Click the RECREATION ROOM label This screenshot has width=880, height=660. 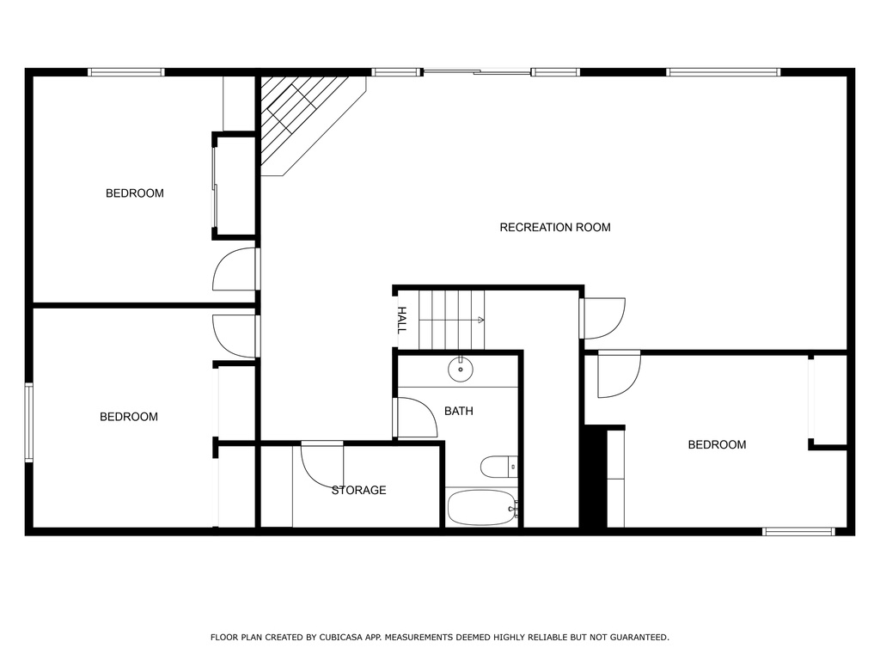555,227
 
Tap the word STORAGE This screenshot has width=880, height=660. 358,491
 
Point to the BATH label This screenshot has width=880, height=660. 459,412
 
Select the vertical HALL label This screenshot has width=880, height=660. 402,321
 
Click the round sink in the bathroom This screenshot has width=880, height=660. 461,370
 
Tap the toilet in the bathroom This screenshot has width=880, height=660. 498,467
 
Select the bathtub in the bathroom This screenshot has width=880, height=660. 482,507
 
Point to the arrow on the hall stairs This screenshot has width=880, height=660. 480,321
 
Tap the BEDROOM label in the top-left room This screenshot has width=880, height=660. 135,193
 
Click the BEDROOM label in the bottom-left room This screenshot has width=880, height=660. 129,417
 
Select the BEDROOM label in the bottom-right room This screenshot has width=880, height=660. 717,445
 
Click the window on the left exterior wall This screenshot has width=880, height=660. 28,423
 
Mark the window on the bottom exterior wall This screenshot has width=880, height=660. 798,531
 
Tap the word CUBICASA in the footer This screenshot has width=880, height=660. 339,638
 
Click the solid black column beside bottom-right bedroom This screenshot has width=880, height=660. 596,476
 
